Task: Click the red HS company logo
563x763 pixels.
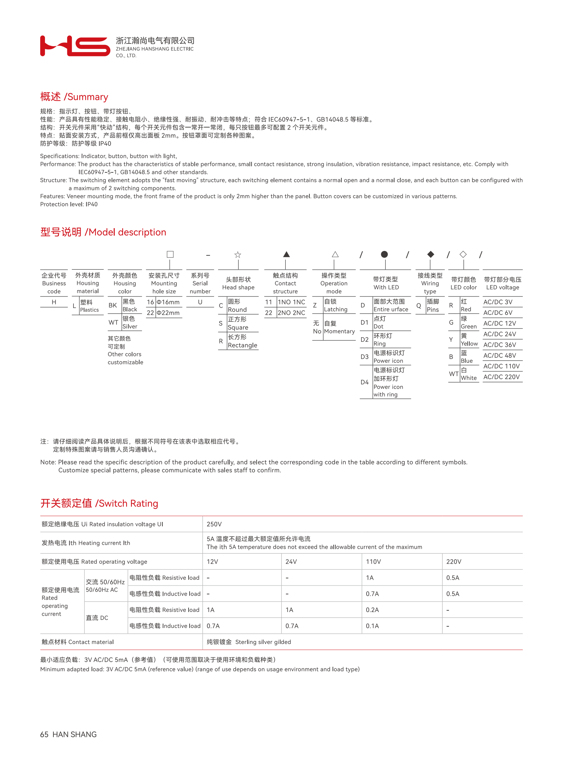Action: pos(75,46)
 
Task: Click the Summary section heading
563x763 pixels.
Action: pos(74,97)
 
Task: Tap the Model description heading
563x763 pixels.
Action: pos(103,232)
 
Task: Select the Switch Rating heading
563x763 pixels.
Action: pos(99,504)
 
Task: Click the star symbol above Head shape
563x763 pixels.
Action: pos(238,255)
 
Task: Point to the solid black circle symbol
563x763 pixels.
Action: pos(384,254)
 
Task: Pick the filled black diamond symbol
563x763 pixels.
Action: pos(431,254)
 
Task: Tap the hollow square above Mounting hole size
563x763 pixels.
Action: pos(170,254)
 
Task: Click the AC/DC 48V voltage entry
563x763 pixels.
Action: pos(500,355)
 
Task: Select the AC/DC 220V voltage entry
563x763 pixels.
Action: pos(501,377)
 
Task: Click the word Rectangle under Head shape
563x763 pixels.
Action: pos(242,345)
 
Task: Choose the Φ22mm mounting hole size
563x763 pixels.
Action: pos(168,312)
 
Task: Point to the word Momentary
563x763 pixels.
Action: pos(339,331)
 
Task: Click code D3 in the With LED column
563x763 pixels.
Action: pos(365,357)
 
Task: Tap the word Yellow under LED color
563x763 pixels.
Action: pos(469,343)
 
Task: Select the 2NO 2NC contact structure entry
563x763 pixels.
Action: pos(291,312)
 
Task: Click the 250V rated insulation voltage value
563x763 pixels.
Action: pos(214,524)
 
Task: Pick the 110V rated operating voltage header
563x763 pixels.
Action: pos(373,562)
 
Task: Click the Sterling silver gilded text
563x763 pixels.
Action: pos(263,642)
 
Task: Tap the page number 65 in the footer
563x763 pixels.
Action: pos(44,735)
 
